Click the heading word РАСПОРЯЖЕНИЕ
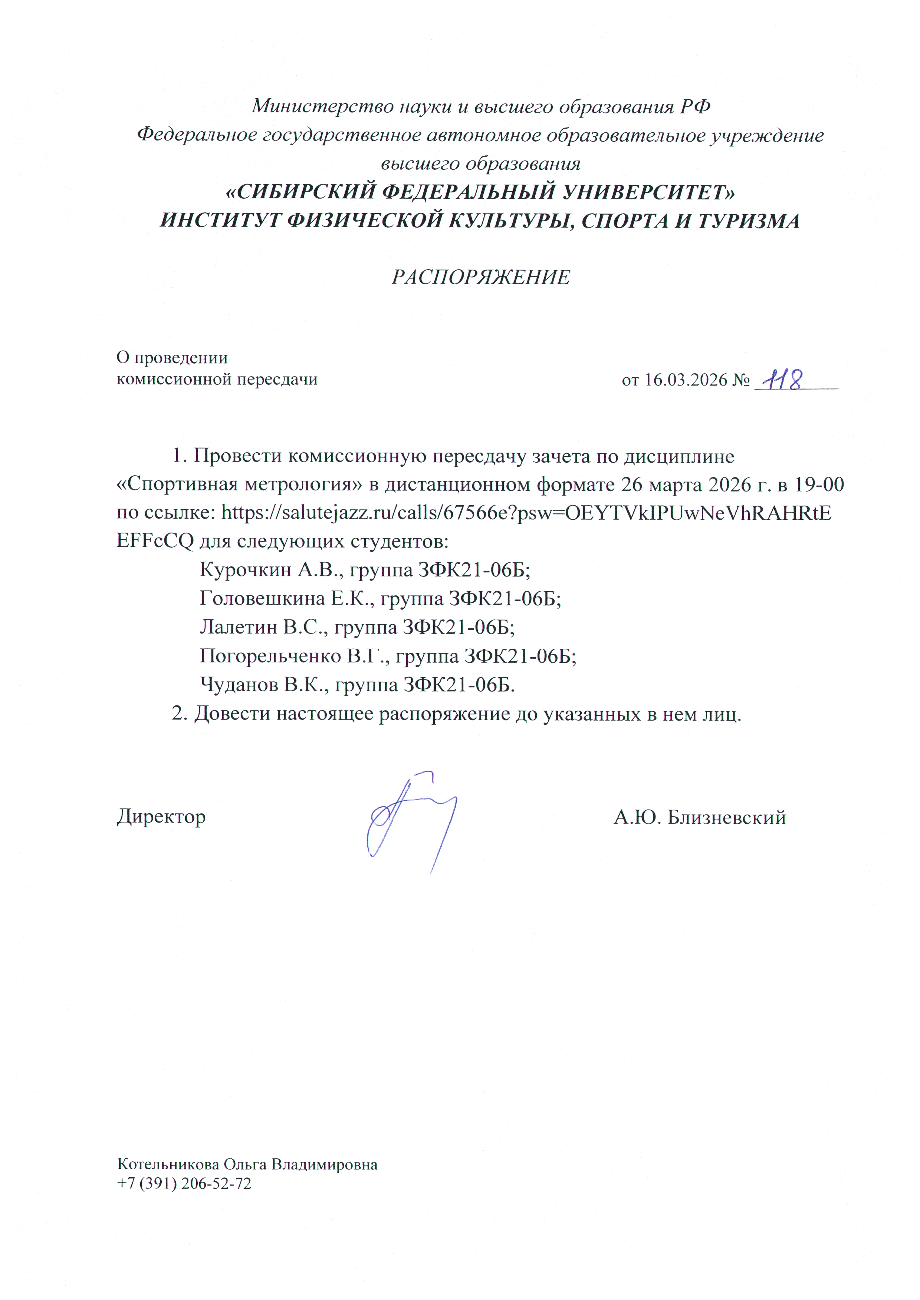coord(481,277)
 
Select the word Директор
coord(161,817)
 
